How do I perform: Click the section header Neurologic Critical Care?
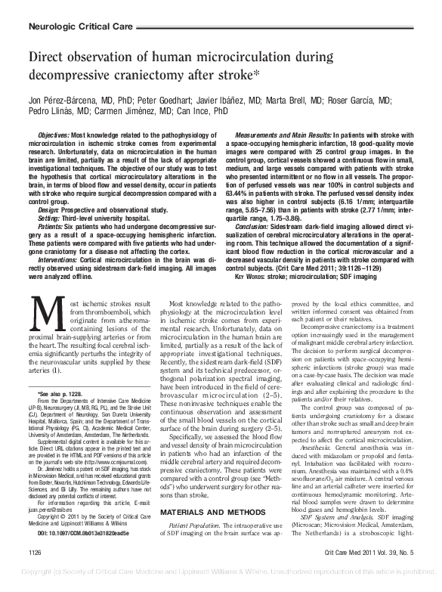[76, 26]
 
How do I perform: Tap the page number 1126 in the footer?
[36, 575]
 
